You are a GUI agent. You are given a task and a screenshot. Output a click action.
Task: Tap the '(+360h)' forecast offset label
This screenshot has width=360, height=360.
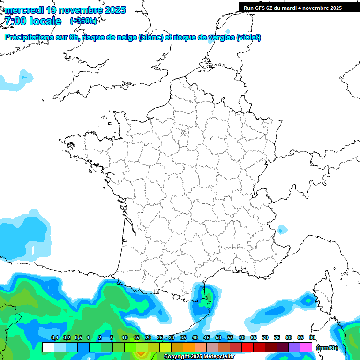coord(83,21)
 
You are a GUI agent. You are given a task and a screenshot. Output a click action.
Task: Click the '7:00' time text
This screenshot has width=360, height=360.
coord(15,21)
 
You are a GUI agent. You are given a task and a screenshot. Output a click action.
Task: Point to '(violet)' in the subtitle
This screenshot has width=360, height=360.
coord(248,37)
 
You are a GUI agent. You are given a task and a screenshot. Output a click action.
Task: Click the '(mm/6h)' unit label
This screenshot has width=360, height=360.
coord(327,348)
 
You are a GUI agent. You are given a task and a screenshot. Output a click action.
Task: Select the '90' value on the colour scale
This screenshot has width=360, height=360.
coord(312,338)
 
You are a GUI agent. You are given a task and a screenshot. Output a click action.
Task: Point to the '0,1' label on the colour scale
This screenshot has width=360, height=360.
coord(54,338)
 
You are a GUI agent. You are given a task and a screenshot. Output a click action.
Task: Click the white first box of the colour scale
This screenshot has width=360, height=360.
coord(48,347)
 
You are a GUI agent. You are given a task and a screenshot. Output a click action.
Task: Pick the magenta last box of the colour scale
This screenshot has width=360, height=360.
coord(306,347)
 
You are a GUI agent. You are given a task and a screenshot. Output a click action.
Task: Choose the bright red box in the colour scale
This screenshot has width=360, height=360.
coord(247,347)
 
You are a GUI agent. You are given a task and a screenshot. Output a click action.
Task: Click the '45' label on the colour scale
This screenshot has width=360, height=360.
coord(207,338)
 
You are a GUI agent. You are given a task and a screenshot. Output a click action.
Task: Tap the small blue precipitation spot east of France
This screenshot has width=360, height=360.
coord(282,230)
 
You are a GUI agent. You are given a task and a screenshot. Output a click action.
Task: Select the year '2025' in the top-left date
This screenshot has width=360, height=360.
coord(113,10)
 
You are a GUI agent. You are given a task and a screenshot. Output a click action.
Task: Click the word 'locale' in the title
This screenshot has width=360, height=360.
coord(45,21)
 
